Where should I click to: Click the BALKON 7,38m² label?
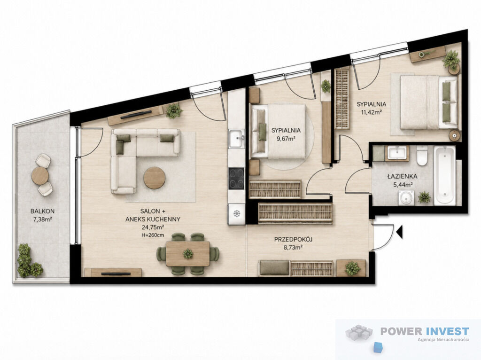(42, 215)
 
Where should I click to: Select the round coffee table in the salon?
(155, 178)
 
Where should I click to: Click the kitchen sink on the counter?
(237, 139)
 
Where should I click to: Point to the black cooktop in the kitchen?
(236, 178)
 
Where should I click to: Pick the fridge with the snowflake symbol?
(236, 213)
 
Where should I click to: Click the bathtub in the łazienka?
(445, 175)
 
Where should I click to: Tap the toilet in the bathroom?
(422, 155)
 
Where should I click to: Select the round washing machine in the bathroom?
(406, 198)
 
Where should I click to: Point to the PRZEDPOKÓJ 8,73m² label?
(293, 243)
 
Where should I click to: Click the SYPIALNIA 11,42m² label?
(371, 108)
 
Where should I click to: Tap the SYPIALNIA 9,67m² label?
(286, 134)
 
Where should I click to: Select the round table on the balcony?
(40, 176)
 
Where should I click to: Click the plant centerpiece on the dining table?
(188, 254)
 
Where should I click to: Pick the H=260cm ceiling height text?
(153, 235)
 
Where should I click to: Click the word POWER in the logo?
(402, 331)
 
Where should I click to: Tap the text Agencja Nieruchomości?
(443, 339)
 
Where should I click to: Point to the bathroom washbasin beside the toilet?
(397, 153)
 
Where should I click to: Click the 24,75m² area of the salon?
(153, 227)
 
